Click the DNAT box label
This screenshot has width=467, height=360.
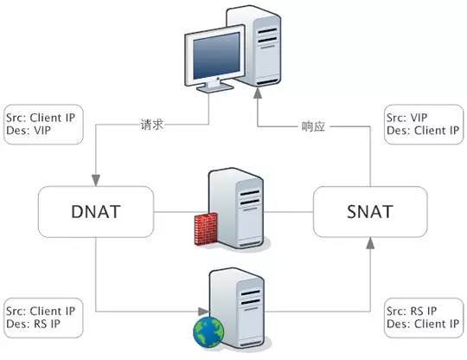point(96,212)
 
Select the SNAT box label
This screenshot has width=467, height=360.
point(370,212)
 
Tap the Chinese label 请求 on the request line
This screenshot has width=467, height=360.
point(152,125)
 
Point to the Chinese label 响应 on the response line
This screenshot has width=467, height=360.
point(313,126)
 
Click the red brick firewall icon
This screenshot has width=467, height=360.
point(206,228)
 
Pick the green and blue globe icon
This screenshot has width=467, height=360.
point(208,332)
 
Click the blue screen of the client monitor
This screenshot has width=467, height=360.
point(216,55)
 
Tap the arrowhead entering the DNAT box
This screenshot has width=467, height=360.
point(96,181)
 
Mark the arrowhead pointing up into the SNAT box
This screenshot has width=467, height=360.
point(370,243)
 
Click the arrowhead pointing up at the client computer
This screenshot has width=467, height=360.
point(258,93)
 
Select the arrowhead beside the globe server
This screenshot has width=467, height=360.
point(203,312)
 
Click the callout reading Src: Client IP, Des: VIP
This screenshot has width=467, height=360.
point(43,125)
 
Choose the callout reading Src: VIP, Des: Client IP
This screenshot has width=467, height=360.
point(424,125)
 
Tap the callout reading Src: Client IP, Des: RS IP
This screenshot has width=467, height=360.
point(43,318)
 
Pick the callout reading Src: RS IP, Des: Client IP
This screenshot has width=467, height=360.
point(424,318)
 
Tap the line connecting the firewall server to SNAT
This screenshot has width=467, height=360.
point(289,212)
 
